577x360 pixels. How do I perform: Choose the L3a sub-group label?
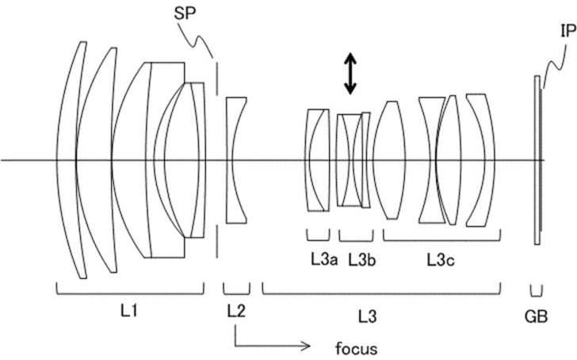coord(316,259)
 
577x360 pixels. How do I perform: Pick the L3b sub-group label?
coord(356,259)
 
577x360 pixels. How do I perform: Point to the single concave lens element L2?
coord(235,160)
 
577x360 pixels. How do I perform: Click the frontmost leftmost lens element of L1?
coord(75,159)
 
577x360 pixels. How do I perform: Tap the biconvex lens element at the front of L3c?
coord(390,159)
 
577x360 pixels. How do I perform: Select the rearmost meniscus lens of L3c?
coord(482,159)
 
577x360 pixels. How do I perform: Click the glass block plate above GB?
coord(537,159)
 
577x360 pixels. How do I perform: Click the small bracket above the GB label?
coord(537,289)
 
